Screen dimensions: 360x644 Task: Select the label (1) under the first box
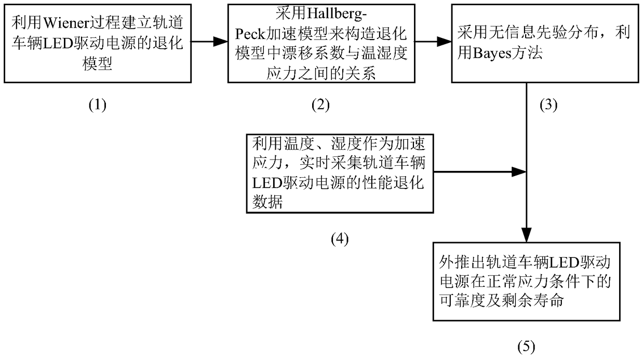97,105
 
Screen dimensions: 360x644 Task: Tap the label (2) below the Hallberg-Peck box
320,105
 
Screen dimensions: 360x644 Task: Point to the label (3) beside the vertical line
548,105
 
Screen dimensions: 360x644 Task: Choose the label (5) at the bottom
526,346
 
